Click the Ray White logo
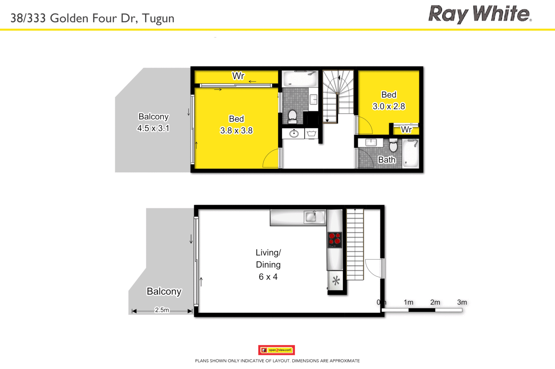point(480,14)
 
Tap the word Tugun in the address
point(158,18)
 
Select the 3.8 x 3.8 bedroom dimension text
point(236,131)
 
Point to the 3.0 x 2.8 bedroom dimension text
point(388,106)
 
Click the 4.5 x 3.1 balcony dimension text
point(153,128)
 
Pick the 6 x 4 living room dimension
point(268,277)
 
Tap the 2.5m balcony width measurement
point(162,310)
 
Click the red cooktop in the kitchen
point(335,240)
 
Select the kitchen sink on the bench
point(311,217)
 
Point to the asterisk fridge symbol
point(336,281)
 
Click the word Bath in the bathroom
point(387,160)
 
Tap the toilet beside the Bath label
point(393,145)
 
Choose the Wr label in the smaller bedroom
point(406,129)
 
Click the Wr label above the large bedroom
point(238,76)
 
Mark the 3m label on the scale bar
point(462,302)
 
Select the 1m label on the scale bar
point(408,302)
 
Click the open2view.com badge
point(276,350)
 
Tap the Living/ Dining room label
point(268,259)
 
